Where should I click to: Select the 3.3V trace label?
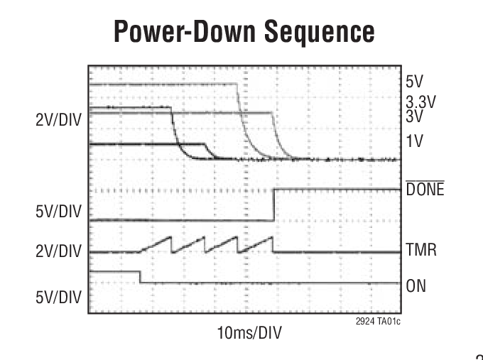(x=420, y=102)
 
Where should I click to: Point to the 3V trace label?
(x=414, y=114)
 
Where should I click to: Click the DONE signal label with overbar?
(x=425, y=190)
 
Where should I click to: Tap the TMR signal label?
(x=420, y=251)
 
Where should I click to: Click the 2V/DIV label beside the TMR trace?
(x=58, y=251)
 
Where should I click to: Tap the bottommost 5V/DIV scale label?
(x=58, y=296)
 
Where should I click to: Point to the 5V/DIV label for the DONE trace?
(x=58, y=212)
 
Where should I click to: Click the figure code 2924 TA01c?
(x=376, y=322)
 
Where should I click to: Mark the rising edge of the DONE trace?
(x=274, y=204)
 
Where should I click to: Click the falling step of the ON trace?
(x=140, y=278)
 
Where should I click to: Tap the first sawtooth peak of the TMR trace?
(x=172, y=236)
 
